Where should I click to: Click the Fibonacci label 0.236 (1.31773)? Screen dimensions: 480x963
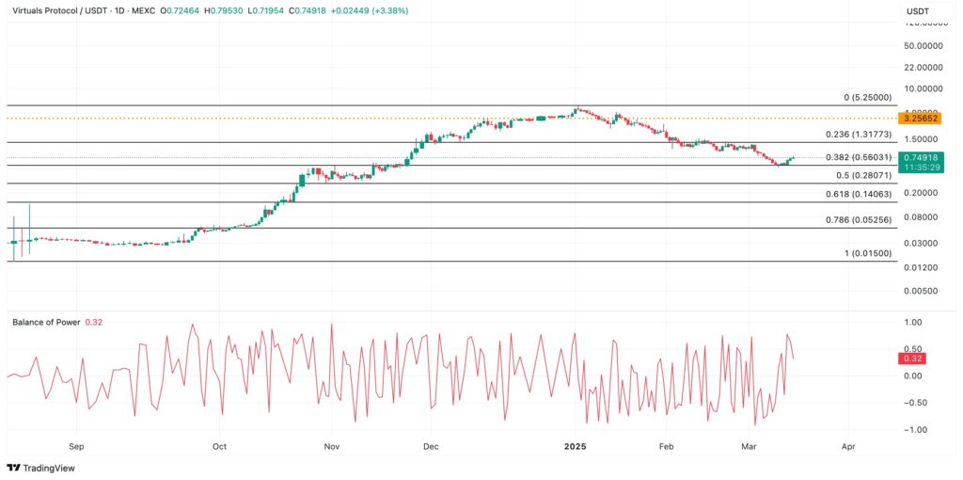(x=860, y=135)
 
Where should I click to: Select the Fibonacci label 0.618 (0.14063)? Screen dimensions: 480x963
(x=860, y=194)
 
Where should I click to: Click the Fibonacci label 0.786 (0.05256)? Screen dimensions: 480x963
(x=860, y=220)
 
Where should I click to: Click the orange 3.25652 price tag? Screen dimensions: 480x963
(x=918, y=118)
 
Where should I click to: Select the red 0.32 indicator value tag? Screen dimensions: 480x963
(x=912, y=359)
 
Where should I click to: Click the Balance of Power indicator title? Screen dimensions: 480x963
(x=46, y=322)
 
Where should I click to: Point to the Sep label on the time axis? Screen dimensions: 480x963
(x=76, y=448)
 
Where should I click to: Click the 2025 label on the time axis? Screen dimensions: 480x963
(x=574, y=448)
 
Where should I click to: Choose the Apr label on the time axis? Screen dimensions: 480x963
(x=848, y=448)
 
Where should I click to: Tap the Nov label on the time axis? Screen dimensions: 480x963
(x=331, y=448)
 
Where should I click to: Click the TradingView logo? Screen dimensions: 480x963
(x=40, y=468)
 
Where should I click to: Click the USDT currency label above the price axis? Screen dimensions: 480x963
(x=918, y=11)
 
